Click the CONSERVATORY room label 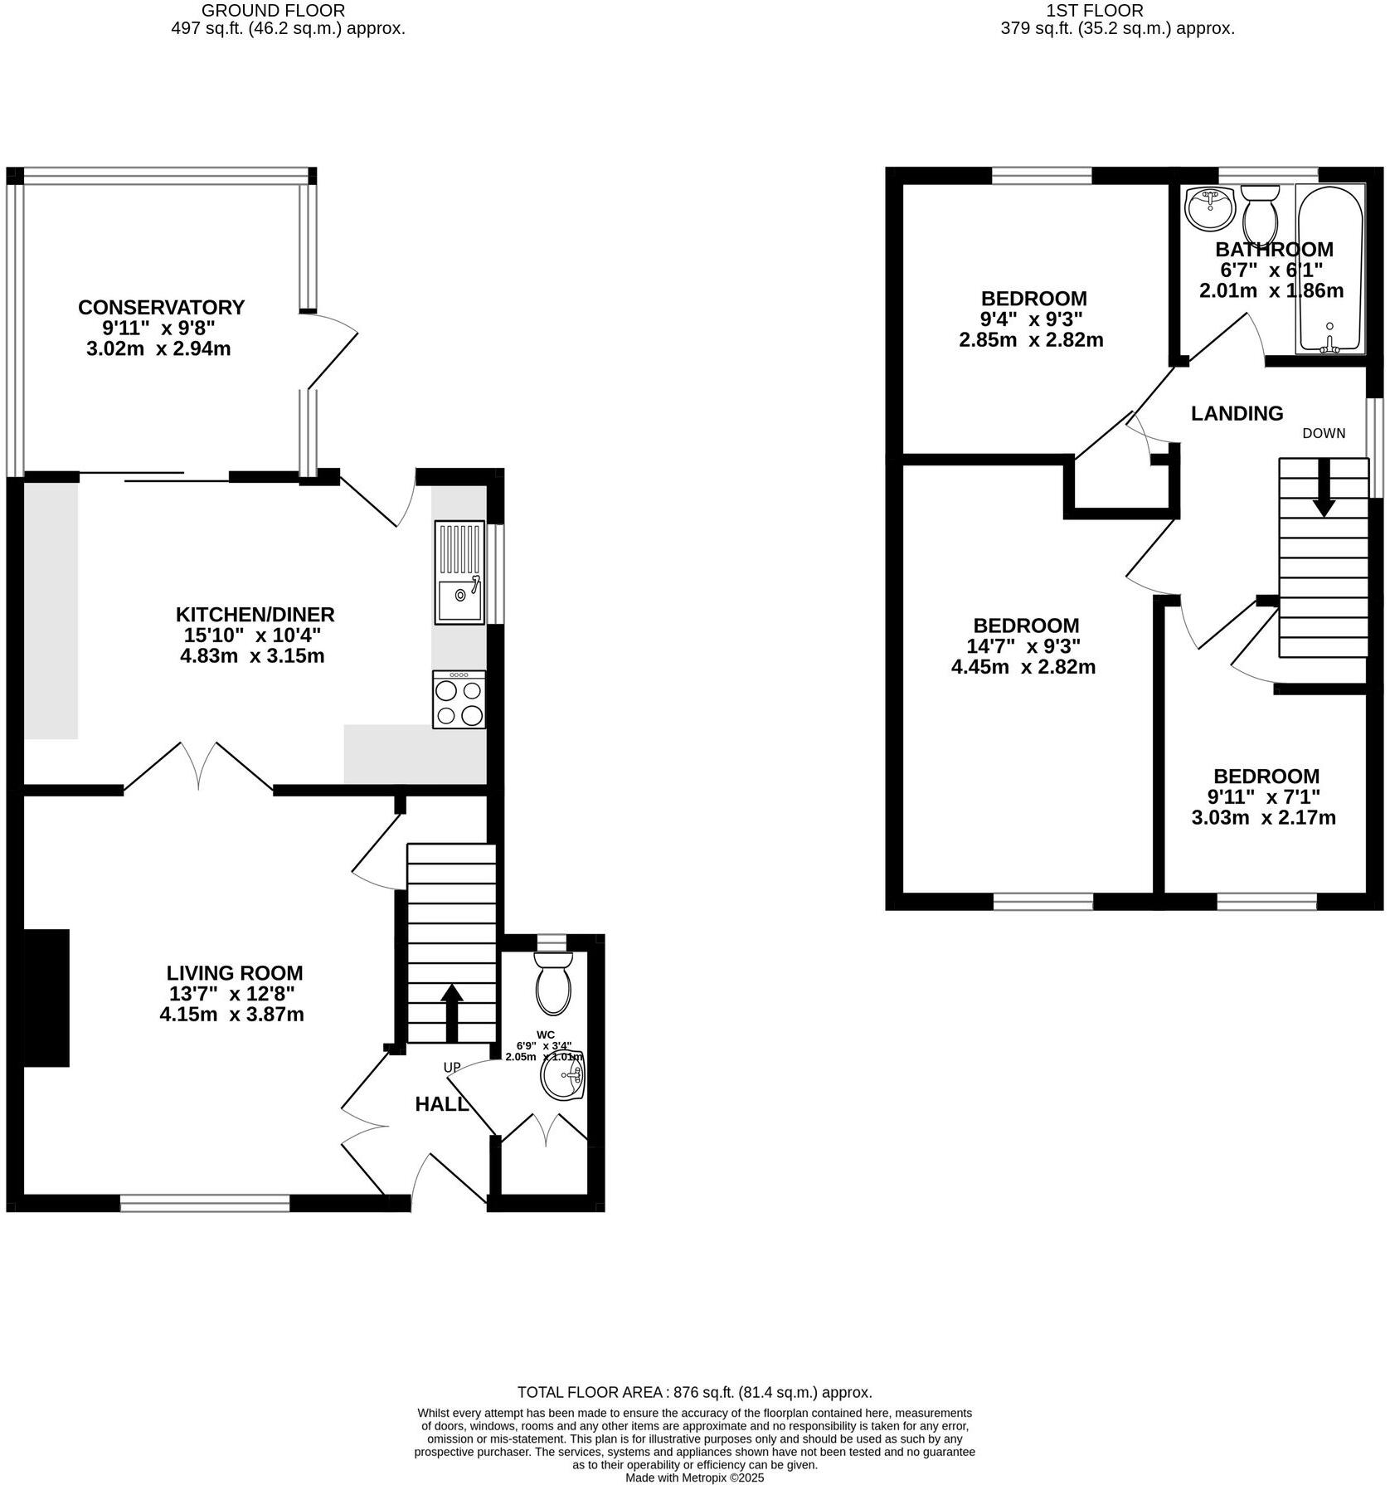click(161, 307)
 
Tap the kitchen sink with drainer click(459, 572)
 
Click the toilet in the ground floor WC click(553, 983)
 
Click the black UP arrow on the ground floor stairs click(451, 1012)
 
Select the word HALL click(441, 1104)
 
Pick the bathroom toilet click(1260, 212)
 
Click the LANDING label click(1237, 413)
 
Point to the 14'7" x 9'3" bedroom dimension click(1026, 646)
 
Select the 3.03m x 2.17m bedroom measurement click(1263, 818)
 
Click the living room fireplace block click(46, 997)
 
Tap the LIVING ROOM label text click(235, 973)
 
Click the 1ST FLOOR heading click(1095, 11)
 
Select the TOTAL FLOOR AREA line click(694, 1392)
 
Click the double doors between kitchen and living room click(198, 767)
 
